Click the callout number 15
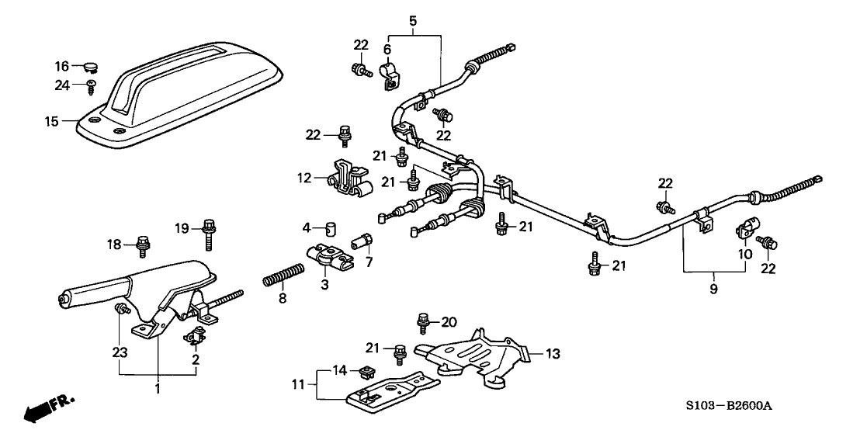click(51, 121)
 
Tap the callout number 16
click(61, 66)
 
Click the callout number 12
click(303, 178)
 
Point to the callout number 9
click(713, 289)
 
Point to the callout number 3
click(324, 286)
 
